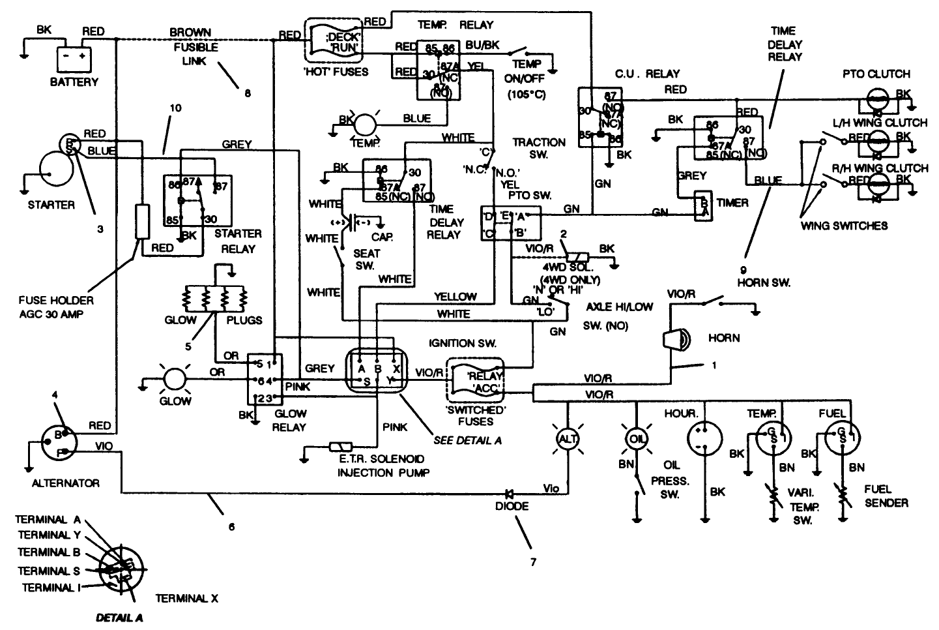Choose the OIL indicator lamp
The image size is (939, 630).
coord(637,439)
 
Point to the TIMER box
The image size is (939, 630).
coord(702,207)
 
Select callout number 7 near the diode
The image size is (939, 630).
coord(532,559)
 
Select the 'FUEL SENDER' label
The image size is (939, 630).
coord(886,496)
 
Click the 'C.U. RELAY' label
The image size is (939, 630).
coord(648,74)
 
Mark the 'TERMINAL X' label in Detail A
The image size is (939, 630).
coord(186,598)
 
